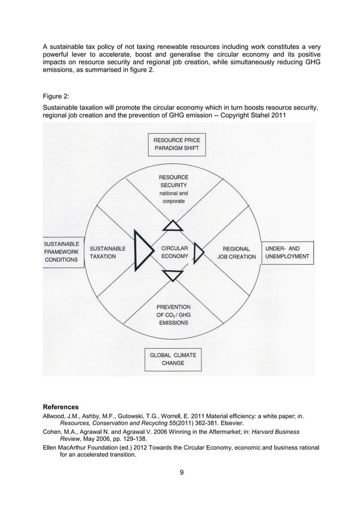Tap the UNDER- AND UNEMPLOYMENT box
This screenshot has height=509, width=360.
tap(287, 252)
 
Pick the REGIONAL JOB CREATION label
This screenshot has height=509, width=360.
tap(236, 252)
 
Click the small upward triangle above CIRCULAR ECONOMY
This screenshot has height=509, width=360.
tap(173, 226)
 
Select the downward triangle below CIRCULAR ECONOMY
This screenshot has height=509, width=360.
tap(173, 275)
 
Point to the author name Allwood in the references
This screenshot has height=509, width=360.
tap(56, 416)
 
